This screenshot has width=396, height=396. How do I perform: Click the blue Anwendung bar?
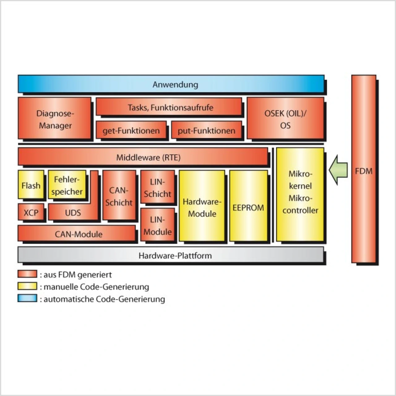pos(171,84)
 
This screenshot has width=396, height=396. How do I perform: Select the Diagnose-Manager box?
pos(55,119)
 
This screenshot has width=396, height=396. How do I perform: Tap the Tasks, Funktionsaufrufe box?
pos(169,107)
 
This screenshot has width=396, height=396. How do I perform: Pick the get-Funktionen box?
pos(131,130)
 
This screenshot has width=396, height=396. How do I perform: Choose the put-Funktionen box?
pos(206,130)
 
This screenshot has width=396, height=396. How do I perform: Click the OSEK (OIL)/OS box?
pos(285,119)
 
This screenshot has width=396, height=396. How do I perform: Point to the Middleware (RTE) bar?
pos(143,157)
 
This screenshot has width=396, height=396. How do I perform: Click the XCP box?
pos(31,212)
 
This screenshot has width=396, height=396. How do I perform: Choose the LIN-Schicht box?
pos(157,187)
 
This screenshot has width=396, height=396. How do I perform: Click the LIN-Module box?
pos(157,225)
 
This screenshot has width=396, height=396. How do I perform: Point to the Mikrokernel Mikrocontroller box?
pos(300,195)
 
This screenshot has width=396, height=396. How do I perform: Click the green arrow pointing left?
pos(338,170)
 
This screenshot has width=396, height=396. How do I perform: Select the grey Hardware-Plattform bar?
pos(171,255)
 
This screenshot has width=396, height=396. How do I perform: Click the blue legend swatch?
pos(27,299)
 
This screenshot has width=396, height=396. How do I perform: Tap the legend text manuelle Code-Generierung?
pos(96,287)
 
